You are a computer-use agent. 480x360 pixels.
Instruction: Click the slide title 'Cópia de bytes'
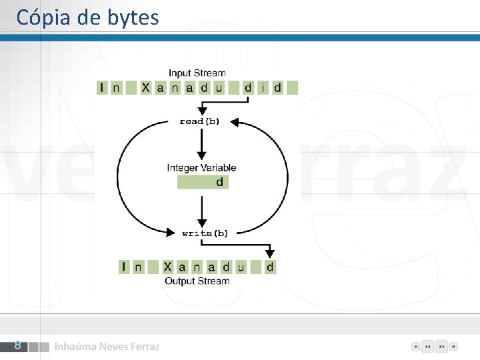coord(87,17)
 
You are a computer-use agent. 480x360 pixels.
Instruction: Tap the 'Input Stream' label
coord(197,73)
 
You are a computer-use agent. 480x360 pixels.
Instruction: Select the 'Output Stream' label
coord(197,281)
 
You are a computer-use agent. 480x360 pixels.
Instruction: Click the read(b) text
coord(199,121)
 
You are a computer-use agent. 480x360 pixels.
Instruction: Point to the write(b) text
coord(205,233)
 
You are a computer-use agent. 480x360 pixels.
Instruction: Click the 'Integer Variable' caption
coord(201,168)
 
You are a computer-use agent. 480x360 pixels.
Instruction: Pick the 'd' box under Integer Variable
coord(203,182)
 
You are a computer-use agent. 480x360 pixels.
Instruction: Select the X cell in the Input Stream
coord(146,87)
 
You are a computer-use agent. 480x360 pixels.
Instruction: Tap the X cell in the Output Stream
coord(168,267)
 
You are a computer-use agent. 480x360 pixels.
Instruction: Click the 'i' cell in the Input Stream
coord(263,87)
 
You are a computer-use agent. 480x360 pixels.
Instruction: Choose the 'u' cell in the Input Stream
coord(219,87)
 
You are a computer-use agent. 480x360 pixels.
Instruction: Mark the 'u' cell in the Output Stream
coord(241,267)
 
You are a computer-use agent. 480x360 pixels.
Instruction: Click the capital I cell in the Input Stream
coord(102,87)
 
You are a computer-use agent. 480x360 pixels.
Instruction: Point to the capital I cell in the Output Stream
coord(124,267)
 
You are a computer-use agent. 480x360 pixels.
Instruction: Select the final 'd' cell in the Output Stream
coord(270,267)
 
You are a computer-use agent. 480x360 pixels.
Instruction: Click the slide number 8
coord(18,345)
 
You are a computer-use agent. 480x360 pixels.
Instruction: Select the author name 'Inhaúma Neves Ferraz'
coord(107,347)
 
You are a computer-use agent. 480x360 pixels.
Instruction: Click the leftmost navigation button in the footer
coord(415,347)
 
